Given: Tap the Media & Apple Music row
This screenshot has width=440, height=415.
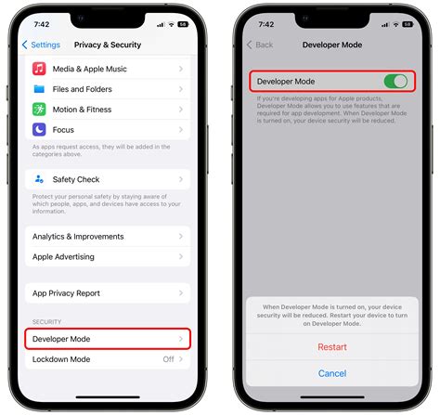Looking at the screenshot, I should (107, 69).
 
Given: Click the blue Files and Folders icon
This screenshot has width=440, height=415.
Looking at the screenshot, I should (40, 89).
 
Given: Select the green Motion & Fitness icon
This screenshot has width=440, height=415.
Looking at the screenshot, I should (40, 109).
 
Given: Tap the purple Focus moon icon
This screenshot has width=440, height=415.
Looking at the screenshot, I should (40, 128).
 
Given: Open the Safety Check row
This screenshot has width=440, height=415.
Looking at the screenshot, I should (107, 179).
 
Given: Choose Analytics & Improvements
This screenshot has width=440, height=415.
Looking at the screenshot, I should (107, 237).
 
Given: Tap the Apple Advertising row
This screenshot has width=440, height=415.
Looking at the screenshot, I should (107, 256).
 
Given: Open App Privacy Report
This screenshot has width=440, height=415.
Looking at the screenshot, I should (107, 293).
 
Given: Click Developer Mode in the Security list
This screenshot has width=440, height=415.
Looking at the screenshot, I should (107, 339).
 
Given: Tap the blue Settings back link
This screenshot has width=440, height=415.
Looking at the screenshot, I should (42, 45).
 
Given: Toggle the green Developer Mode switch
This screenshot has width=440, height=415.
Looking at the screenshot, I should (396, 82).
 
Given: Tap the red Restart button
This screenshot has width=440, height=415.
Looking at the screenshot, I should (332, 347).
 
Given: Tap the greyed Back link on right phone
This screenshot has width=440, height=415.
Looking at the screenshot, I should (261, 45).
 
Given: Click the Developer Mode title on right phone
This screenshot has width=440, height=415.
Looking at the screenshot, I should (333, 45).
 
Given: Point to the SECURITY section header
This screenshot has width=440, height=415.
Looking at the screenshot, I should (47, 320).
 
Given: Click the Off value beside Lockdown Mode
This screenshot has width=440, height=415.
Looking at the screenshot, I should (168, 359).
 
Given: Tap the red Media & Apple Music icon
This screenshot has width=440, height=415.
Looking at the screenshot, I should (40, 69).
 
